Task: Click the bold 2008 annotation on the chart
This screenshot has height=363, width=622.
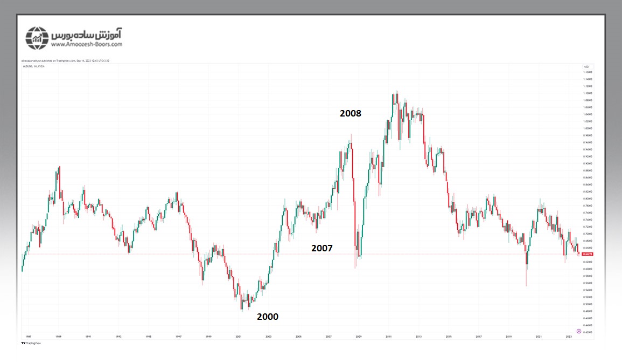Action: pos(350,113)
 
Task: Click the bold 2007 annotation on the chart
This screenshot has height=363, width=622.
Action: pos(322,248)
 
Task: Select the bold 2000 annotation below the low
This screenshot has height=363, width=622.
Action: pos(268,317)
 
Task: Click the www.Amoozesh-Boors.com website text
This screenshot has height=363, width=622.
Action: pos(88,44)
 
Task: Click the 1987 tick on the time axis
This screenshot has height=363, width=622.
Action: pos(28,336)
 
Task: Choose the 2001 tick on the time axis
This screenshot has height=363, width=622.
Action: pos(238,336)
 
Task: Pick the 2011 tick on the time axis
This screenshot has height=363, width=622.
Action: pos(388,336)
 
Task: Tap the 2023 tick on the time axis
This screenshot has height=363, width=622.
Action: pos(569,336)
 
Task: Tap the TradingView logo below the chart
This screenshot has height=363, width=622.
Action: pos(33,343)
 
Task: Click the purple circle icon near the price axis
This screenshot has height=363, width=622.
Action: pos(578,331)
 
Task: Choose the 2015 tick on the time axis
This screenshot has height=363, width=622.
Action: pos(448,336)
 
